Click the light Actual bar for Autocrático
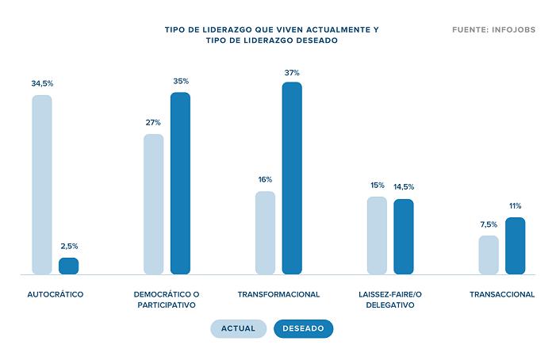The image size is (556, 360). [x=42, y=185]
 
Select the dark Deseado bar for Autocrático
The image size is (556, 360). [x=69, y=266]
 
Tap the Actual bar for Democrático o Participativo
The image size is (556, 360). [x=154, y=204]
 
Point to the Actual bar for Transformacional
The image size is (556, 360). [x=265, y=232]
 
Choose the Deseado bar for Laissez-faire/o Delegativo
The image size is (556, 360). [x=404, y=236]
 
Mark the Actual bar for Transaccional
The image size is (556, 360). [x=489, y=255]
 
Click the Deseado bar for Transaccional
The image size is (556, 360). [x=516, y=246]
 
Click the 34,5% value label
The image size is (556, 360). [x=42, y=83]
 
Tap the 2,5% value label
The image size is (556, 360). [x=69, y=246]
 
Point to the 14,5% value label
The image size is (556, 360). [x=404, y=187]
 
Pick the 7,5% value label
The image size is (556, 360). [x=489, y=224]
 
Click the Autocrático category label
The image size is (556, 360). [x=56, y=294]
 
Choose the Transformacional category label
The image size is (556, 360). [x=278, y=294]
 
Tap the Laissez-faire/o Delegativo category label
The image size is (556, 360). [x=390, y=299]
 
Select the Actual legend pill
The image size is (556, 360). [x=238, y=328]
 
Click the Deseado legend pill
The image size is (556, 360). [x=304, y=328]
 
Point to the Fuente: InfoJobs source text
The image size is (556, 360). [x=493, y=30]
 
